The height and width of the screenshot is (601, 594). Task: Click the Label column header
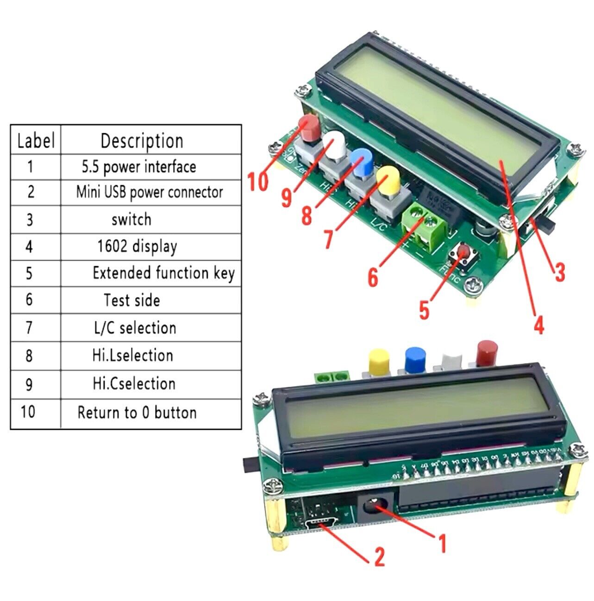click(x=36, y=140)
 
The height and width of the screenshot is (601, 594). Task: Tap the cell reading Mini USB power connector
click(x=150, y=192)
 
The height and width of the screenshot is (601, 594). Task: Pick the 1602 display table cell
click(x=137, y=246)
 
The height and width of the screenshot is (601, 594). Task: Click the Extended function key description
click(x=163, y=273)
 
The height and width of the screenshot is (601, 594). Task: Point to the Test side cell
click(x=132, y=300)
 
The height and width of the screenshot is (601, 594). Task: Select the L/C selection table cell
click(x=135, y=328)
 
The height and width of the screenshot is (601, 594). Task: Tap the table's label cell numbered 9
click(x=29, y=384)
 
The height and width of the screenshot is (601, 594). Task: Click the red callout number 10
click(x=257, y=181)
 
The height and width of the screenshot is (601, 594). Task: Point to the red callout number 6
click(x=373, y=277)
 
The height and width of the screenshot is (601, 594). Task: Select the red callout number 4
click(x=539, y=325)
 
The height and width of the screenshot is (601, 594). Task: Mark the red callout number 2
click(x=379, y=556)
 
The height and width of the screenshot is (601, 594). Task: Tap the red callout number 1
click(x=442, y=543)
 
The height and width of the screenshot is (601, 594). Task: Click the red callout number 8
click(x=306, y=215)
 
